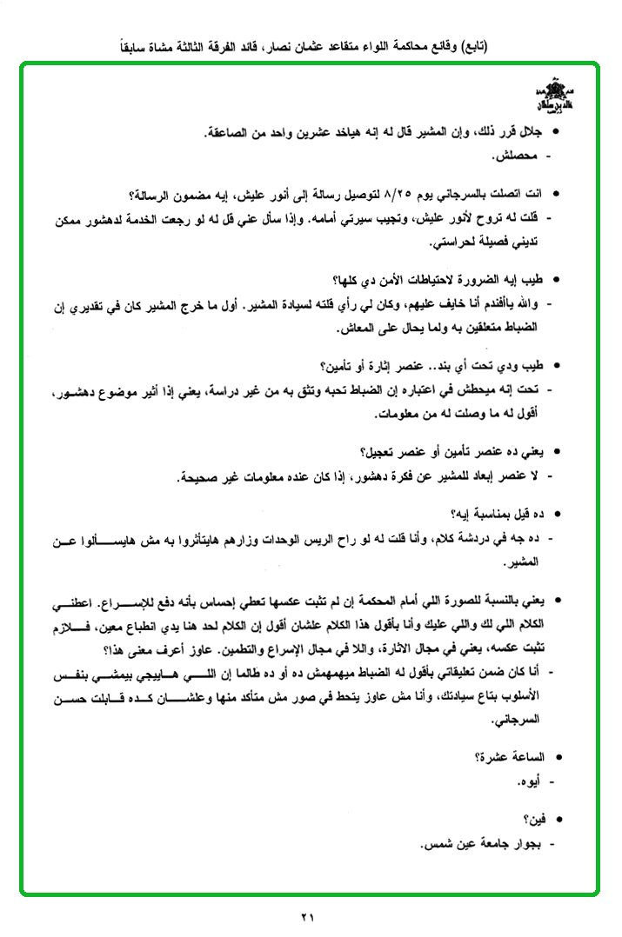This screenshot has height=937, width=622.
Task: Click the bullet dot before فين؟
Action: tap(557, 819)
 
